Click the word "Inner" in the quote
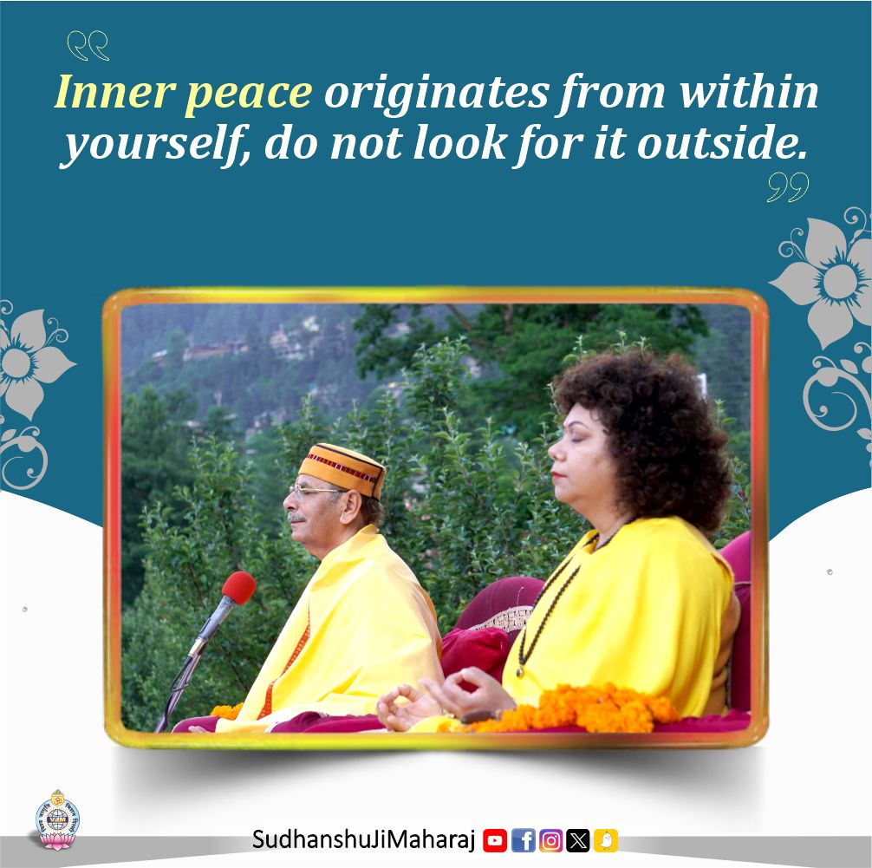point(115,92)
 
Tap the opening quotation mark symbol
point(88,46)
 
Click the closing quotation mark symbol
point(788,187)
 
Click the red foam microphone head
point(239,588)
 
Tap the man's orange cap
point(342,470)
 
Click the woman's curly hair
point(647,434)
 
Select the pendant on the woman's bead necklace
point(520,671)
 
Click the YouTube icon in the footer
point(494,840)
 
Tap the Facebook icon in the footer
point(523,840)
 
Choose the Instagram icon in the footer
point(550,840)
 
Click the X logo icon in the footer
point(578,840)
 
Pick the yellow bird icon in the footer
point(606,840)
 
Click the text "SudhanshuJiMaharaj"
point(364,839)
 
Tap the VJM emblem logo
point(58,819)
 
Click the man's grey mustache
point(297,518)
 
